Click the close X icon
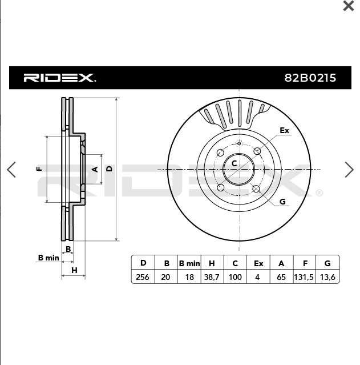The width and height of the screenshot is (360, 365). pyautogui.click(x=348, y=6)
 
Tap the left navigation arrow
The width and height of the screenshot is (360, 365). pyautogui.click(x=11, y=170)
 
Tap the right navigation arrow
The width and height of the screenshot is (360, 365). pyautogui.click(x=349, y=170)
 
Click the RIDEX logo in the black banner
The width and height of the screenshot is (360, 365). pyautogui.click(x=59, y=78)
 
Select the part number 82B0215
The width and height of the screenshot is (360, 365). pyautogui.click(x=310, y=78)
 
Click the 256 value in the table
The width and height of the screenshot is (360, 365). pyautogui.click(x=142, y=277)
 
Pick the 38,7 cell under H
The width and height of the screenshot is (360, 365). pyautogui.click(x=212, y=277)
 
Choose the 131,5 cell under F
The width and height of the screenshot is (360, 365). pyautogui.click(x=304, y=277)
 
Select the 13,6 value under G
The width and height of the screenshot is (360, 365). pyautogui.click(x=327, y=277)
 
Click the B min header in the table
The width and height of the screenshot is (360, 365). pyautogui.click(x=189, y=263)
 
